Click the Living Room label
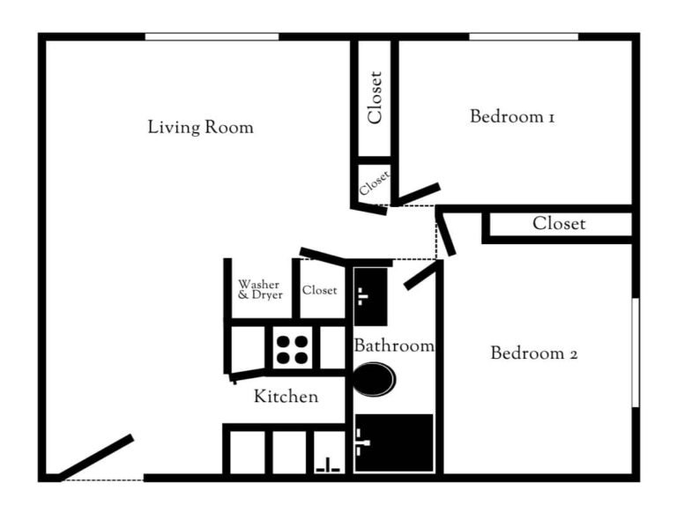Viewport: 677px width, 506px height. [x=200, y=127]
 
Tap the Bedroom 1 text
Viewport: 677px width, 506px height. [x=512, y=116]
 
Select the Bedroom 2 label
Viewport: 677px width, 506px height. [x=533, y=353]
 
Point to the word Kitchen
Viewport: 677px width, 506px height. [x=286, y=397]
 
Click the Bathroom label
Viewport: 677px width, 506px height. [x=394, y=346]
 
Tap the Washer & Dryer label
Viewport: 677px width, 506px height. [x=260, y=289]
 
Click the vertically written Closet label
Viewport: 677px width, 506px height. [x=375, y=98]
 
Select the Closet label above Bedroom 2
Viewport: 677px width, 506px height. [x=558, y=224]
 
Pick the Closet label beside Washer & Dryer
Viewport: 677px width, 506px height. [x=319, y=289]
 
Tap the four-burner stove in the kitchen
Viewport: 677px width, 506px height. [x=292, y=346]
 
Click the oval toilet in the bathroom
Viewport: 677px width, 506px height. [x=375, y=379]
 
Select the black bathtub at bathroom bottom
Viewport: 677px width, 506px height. [x=393, y=443]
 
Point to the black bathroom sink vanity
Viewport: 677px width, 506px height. [x=370, y=294]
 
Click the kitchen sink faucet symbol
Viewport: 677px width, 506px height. [x=328, y=465]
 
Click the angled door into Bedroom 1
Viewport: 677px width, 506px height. [x=419, y=193]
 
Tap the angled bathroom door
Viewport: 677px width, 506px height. [x=421, y=276]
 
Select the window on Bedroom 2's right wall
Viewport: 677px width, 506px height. [x=635, y=353]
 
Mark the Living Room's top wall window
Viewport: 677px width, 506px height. [x=212, y=37]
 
